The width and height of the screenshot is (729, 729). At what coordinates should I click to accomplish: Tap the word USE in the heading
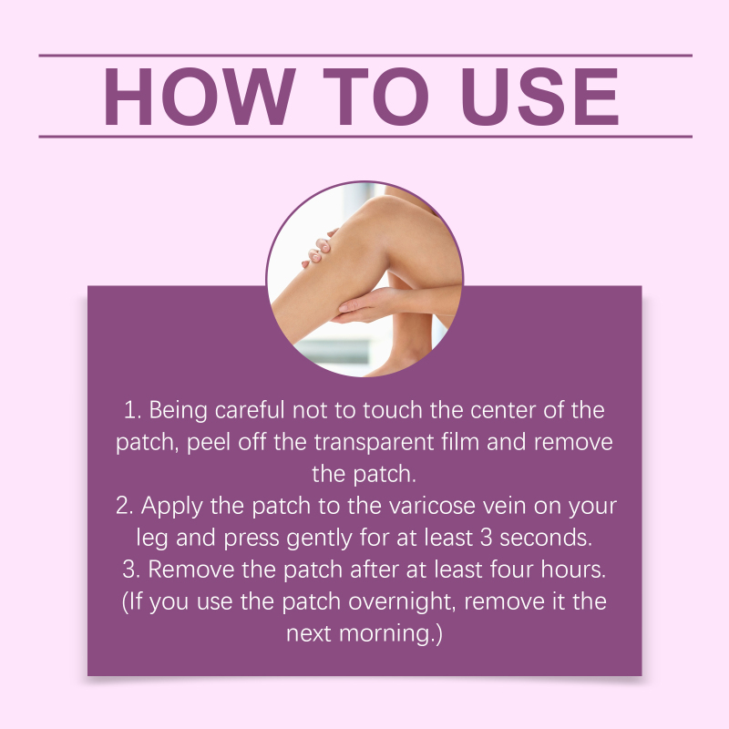click(539, 97)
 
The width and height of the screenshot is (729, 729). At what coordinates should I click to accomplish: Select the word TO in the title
click(376, 97)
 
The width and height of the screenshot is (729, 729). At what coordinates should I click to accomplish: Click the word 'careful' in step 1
click(249, 410)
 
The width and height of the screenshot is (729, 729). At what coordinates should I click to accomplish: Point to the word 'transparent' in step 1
click(374, 442)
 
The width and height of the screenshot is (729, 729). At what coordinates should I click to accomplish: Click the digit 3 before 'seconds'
click(486, 538)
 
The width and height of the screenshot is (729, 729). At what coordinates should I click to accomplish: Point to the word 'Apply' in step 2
click(171, 507)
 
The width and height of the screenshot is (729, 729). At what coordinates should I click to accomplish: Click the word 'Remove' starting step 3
click(190, 570)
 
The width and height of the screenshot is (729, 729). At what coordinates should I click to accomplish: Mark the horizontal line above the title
click(365, 56)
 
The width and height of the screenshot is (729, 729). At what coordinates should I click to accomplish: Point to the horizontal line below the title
click(365, 137)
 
